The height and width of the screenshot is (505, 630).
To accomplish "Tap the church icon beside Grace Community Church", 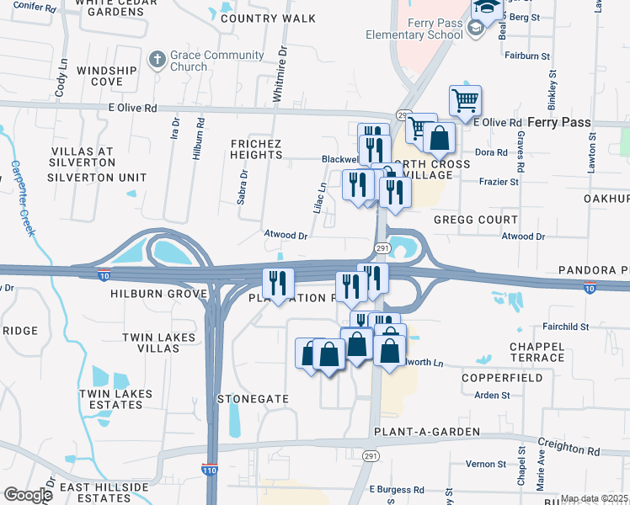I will tap(155, 60).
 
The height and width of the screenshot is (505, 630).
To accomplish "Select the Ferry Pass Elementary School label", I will tap(414, 29).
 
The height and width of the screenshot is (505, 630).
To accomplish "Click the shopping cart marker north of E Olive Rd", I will tap(465, 102).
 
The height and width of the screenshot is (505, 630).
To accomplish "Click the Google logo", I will tap(28, 495).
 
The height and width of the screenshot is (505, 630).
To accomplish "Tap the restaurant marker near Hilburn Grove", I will tap(278, 284).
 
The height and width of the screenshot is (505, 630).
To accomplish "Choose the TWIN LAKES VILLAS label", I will tap(158, 343).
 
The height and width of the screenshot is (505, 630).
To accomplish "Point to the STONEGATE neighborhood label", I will tap(254, 398).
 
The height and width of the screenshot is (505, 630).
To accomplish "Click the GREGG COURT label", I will tap(475, 219).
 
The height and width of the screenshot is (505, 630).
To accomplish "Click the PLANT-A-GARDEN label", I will tap(425, 432).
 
